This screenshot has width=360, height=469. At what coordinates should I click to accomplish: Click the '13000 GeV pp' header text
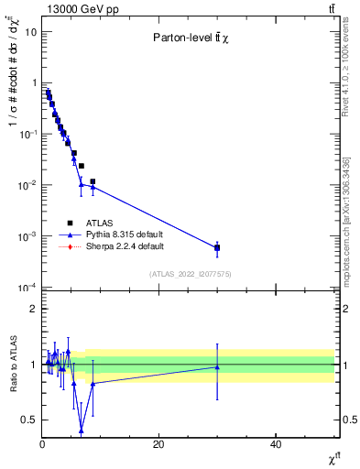coord(74,9)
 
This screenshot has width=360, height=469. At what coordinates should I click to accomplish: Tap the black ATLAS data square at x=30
coord(217,247)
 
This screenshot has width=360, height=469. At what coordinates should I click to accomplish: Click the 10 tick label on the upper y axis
coord(29,32)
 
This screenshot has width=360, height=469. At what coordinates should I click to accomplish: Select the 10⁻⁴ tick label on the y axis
coord(27,288)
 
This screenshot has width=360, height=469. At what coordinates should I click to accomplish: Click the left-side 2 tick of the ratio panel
coord(33,309)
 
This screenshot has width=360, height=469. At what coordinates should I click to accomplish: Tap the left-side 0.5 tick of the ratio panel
coord(29,420)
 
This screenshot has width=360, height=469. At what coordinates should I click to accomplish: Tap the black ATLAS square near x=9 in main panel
coord(93,181)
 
